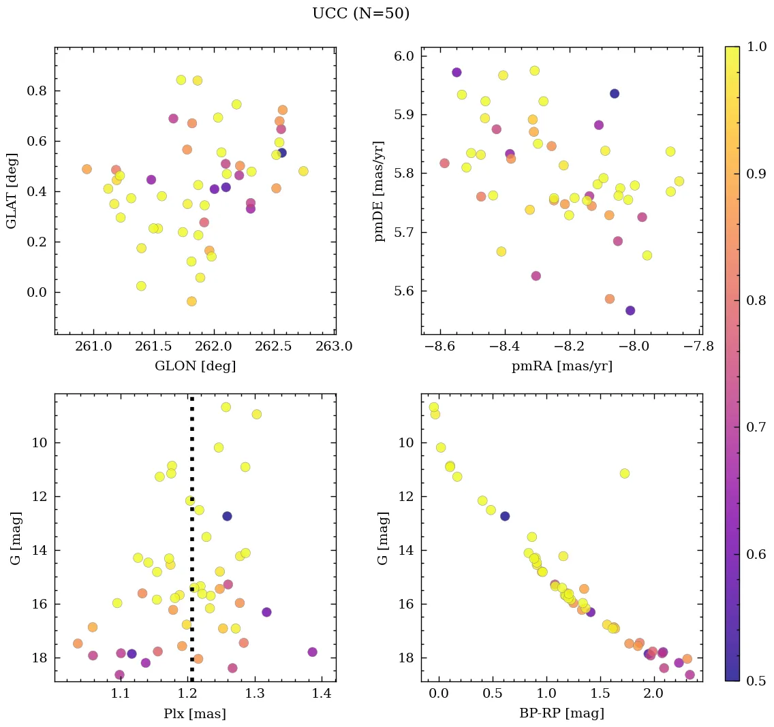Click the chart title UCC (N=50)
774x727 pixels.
[x=360, y=14]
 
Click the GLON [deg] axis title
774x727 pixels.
[x=196, y=366]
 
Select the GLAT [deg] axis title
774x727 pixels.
[x=12, y=191]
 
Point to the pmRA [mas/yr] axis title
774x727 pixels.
[x=562, y=366]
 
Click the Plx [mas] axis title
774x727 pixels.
[x=195, y=714]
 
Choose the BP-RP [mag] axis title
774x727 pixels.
[x=562, y=714]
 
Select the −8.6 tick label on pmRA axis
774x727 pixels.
[x=440, y=347]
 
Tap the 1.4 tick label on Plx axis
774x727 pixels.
[x=322, y=695]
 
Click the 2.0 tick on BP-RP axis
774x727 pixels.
[x=653, y=695]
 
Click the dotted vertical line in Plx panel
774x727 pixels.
[x=191, y=545]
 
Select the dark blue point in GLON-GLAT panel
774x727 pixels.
[x=281, y=152]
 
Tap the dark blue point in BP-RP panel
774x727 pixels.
[x=505, y=516]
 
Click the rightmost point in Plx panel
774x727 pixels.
[x=312, y=651]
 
